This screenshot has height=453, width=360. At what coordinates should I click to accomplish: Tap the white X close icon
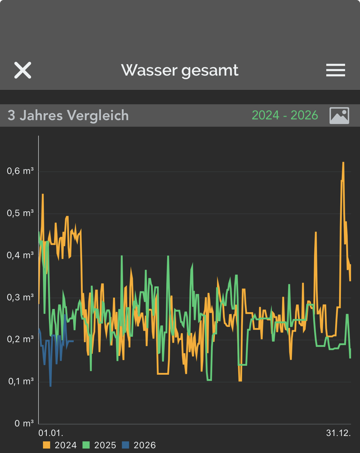click(x=23, y=71)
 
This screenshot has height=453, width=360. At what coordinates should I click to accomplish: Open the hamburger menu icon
click(x=336, y=71)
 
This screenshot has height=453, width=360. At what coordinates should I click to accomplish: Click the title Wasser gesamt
click(x=180, y=71)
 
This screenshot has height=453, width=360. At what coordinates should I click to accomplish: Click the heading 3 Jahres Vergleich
click(x=68, y=116)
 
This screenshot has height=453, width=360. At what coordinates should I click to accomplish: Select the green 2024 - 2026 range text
click(x=285, y=115)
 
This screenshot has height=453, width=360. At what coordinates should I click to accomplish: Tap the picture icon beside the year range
click(x=339, y=115)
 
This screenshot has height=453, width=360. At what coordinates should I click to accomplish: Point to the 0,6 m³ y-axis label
click(x=20, y=171)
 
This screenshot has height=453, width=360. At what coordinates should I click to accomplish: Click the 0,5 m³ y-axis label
click(x=20, y=213)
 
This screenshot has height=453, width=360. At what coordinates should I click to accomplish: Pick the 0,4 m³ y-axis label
click(x=20, y=255)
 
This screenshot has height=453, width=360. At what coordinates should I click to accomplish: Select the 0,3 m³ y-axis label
click(x=20, y=297)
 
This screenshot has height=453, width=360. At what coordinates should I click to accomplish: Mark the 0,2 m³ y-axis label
click(x=20, y=339)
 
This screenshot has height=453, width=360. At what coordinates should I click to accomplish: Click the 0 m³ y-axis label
click(x=24, y=423)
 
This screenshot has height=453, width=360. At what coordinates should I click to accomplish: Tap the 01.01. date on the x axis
click(x=51, y=433)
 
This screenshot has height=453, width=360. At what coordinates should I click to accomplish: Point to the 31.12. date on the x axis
click(x=338, y=433)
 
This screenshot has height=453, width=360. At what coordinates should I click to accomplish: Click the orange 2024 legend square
click(x=47, y=445)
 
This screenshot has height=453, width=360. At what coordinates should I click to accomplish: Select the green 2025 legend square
click(x=86, y=445)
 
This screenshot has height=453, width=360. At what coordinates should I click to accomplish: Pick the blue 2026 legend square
click(x=126, y=445)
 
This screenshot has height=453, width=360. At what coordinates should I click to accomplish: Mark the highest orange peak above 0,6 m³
click(x=343, y=163)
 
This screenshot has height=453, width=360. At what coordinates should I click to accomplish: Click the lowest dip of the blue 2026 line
click(x=50, y=386)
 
